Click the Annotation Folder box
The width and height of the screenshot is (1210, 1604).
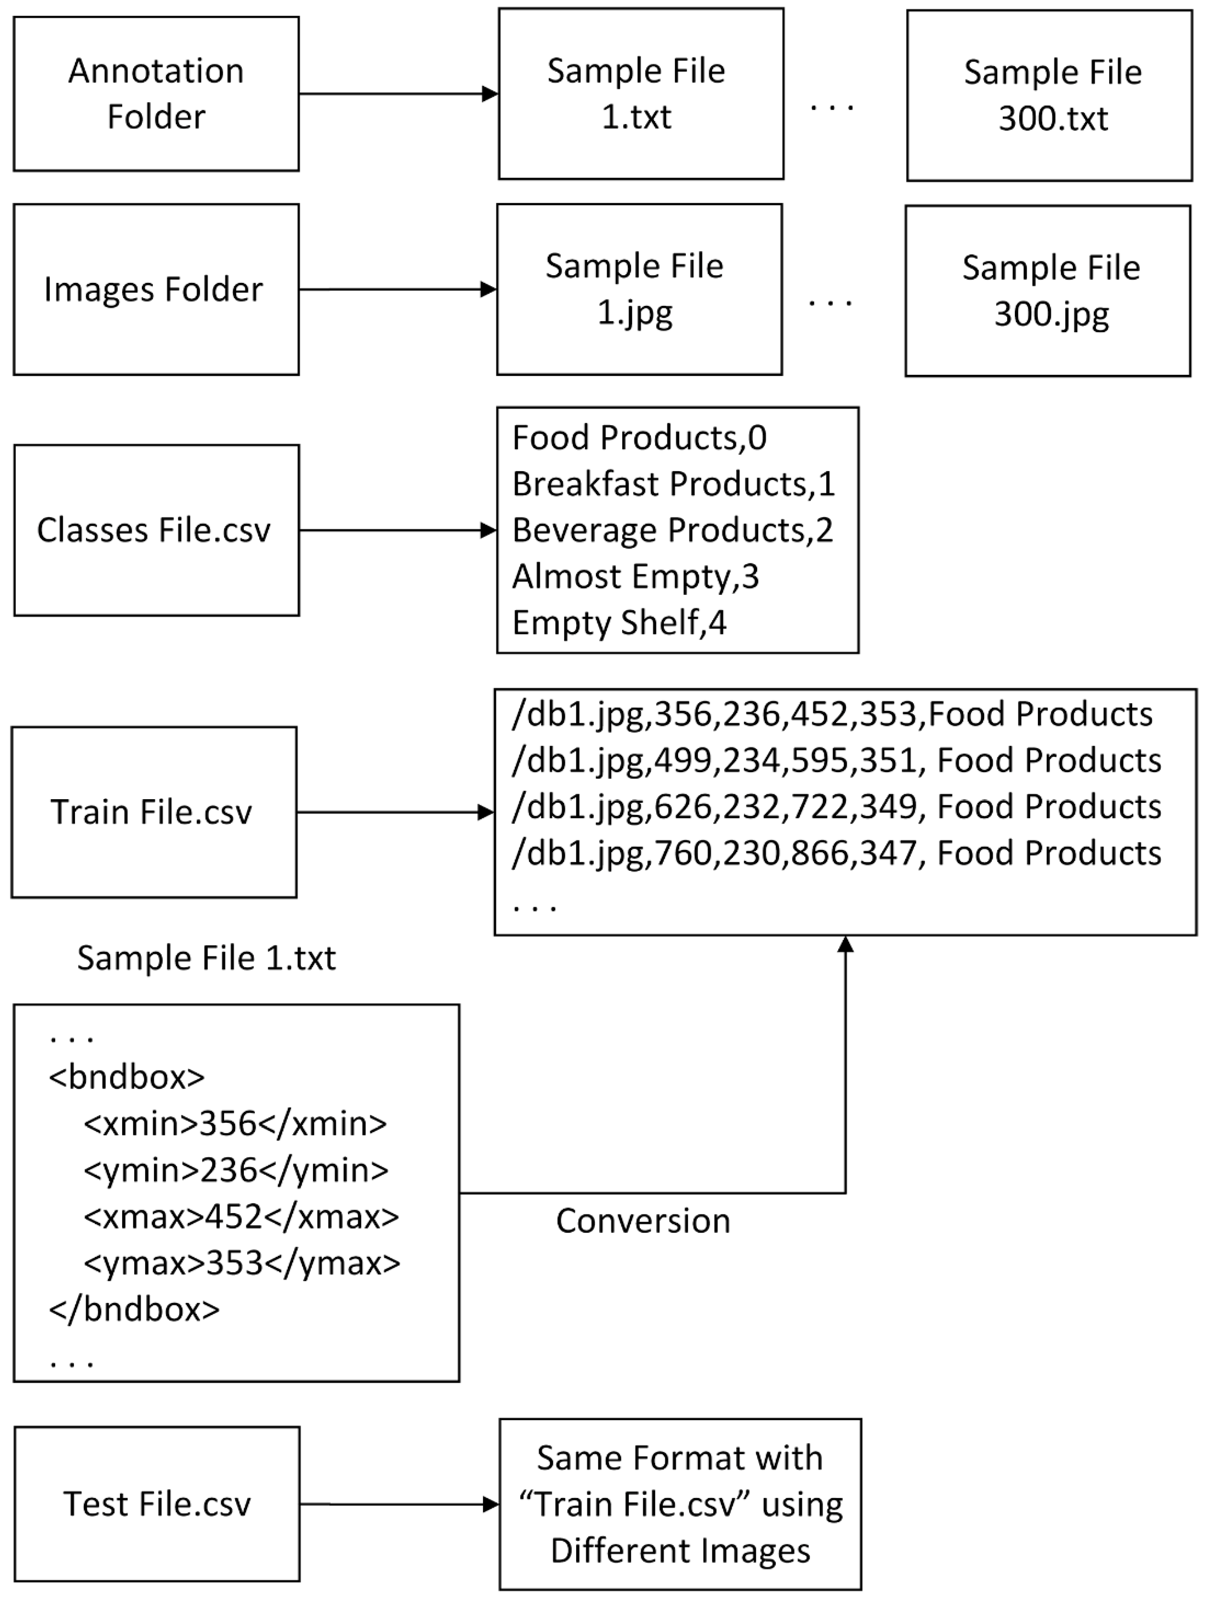pos(156,93)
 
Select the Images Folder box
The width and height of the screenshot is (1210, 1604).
pos(156,289)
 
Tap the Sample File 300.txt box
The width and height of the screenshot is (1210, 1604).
pos(1049,95)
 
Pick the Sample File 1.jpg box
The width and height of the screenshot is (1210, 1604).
pos(639,289)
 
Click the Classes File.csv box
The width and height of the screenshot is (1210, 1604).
pos(156,530)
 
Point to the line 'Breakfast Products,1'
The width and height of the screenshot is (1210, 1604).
pos(673,484)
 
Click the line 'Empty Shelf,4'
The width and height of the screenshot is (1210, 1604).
pos(619,623)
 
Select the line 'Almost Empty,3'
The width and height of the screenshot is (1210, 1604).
pos(635,576)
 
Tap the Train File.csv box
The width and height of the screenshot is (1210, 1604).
pos(154,812)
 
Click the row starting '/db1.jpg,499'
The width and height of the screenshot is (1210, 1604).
pos(836,760)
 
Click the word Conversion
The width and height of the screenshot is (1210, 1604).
pos(643,1221)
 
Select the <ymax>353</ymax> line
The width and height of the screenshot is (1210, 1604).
pos(242,1263)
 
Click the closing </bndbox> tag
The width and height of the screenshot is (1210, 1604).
pos(134,1309)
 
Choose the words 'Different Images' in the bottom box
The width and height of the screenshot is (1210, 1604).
pos(680,1551)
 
